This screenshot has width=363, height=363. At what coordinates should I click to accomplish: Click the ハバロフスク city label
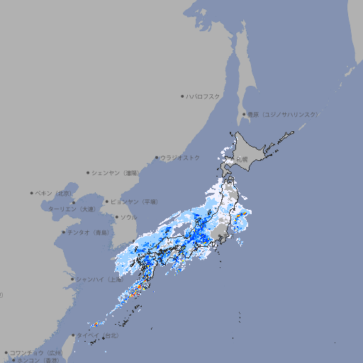pyautogui.click(x=203, y=96)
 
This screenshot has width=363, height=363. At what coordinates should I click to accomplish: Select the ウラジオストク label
pyautogui.click(x=180, y=157)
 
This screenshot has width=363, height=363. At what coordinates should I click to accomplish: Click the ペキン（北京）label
pyautogui.click(x=54, y=193)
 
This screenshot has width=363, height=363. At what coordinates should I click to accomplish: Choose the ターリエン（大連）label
pyautogui.click(x=72, y=209)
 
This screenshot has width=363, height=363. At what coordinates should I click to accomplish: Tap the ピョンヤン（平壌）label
pyautogui.click(x=134, y=201)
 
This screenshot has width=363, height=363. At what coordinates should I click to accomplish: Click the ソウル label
pyautogui.click(x=128, y=217)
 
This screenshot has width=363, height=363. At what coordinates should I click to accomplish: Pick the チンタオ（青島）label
pyautogui.click(x=89, y=233)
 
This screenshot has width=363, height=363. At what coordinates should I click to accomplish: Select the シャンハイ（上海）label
pyautogui.click(x=99, y=279)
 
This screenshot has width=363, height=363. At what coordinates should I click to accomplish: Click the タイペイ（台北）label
pyautogui.click(x=99, y=335)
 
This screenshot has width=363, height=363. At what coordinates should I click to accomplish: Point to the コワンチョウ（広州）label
pyautogui.click(x=36, y=352)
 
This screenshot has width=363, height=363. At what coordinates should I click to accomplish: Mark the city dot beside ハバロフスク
pyautogui.click(x=182, y=96)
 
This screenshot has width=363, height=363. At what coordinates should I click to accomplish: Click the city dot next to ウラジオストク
pyautogui.click(x=157, y=157)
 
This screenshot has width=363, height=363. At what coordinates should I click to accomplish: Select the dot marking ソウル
pyautogui.click(x=116, y=217)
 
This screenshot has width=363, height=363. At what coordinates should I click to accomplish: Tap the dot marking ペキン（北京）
pyautogui.click(x=32, y=193)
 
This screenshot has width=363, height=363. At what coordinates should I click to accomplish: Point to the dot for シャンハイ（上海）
pyautogui.click(x=72, y=279)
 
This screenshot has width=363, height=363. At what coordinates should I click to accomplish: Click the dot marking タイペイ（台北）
pyautogui.click(x=74, y=335)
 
